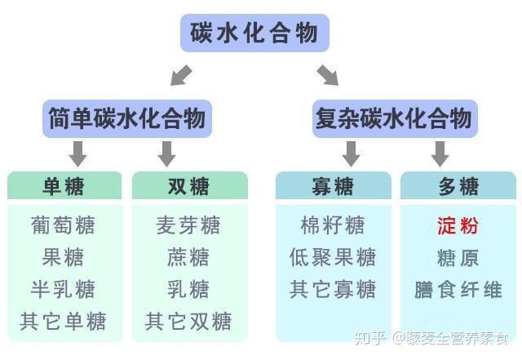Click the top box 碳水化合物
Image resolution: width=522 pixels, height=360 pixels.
[254, 33]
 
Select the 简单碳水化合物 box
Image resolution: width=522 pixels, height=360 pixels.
[126, 118]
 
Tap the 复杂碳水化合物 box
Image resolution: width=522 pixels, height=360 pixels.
[393, 118]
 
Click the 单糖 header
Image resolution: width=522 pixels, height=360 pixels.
[64, 186]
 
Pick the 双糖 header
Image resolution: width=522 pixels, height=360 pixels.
[188, 186]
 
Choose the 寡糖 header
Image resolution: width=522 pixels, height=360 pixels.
[333, 186]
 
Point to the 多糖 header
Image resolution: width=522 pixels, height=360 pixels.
[458, 186]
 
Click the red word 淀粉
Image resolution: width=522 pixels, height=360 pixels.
[458, 225]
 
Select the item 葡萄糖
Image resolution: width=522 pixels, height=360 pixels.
[64, 224]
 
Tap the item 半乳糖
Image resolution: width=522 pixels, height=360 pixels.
[64, 289]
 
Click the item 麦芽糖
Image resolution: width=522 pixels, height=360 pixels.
[188, 224]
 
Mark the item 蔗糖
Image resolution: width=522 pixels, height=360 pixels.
[188, 257]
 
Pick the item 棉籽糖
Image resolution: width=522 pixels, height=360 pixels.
[333, 224]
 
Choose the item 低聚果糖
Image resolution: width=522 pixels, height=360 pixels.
[333, 257]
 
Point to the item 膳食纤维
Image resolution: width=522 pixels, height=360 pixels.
[458, 289]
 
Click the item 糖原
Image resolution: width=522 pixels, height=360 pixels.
[458, 258]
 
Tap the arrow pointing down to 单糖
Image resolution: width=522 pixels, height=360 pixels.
[78, 153]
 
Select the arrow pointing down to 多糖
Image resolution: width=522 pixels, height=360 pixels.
[440, 153]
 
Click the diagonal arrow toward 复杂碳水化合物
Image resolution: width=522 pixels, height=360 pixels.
[328, 76]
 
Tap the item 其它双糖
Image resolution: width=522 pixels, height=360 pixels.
[188, 321]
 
